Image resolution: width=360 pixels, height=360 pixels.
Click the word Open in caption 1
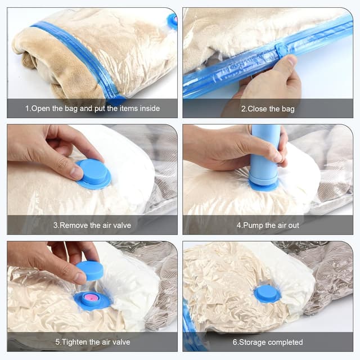pos(40,109)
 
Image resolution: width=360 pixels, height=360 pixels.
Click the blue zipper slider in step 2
pos(281,48)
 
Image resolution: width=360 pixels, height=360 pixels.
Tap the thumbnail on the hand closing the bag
pos(292,60)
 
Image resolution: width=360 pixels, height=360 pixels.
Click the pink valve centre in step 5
pos(91,298)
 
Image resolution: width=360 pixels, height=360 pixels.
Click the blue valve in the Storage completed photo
pos(267,294)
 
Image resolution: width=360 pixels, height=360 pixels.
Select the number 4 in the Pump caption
pos(238,226)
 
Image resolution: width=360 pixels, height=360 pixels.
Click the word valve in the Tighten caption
pos(121,342)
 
